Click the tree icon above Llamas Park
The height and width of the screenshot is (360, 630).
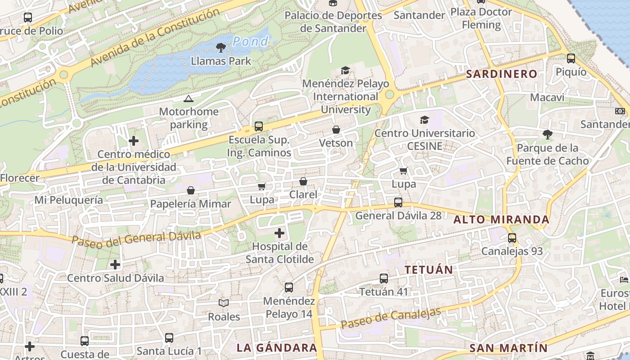(x=220, y=47)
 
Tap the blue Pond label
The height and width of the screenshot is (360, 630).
(x=250, y=42)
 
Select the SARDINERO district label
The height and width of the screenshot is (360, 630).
(x=501, y=74)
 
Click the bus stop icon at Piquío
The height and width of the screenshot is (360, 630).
(x=571, y=58)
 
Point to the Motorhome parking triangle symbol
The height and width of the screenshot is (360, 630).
(x=188, y=99)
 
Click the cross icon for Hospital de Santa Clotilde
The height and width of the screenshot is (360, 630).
(x=279, y=233)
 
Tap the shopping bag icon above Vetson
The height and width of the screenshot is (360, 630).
(x=336, y=130)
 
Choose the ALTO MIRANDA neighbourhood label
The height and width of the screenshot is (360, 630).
(x=501, y=220)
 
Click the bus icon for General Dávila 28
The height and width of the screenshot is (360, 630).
(x=398, y=202)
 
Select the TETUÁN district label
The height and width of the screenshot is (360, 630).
(x=428, y=270)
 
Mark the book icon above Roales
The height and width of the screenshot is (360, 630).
(x=224, y=303)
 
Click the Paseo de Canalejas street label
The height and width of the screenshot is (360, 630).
(x=390, y=318)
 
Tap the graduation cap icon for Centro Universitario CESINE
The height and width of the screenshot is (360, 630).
(x=424, y=120)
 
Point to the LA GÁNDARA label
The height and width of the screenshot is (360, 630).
(x=277, y=348)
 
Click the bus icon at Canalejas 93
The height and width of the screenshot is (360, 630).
(x=512, y=238)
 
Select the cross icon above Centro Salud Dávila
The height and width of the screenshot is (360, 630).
(x=115, y=264)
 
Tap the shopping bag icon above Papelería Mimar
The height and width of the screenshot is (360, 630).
(x=190, y=190)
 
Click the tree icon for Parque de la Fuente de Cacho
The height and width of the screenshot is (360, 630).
(x=547, y=134)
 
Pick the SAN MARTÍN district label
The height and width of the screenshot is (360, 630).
(x=508, y=348)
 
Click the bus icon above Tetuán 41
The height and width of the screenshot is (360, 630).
(x=383, y=279)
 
